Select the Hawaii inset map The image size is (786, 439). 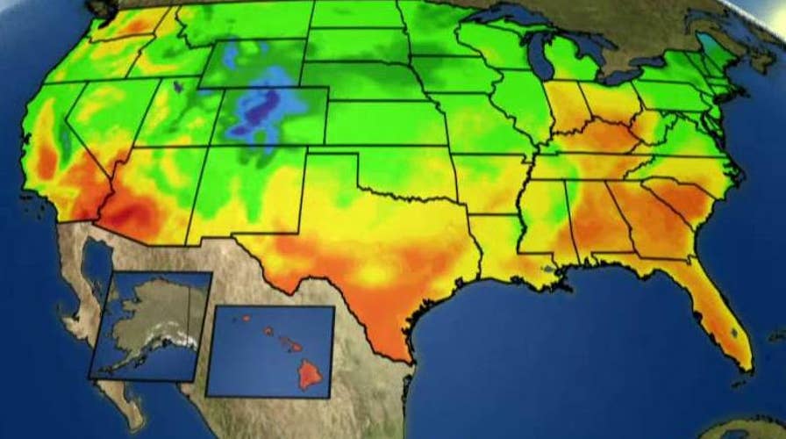[x=271, y=349]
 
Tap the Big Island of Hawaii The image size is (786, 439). [x=310, y=376]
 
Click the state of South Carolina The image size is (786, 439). [x=675, y=198]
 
